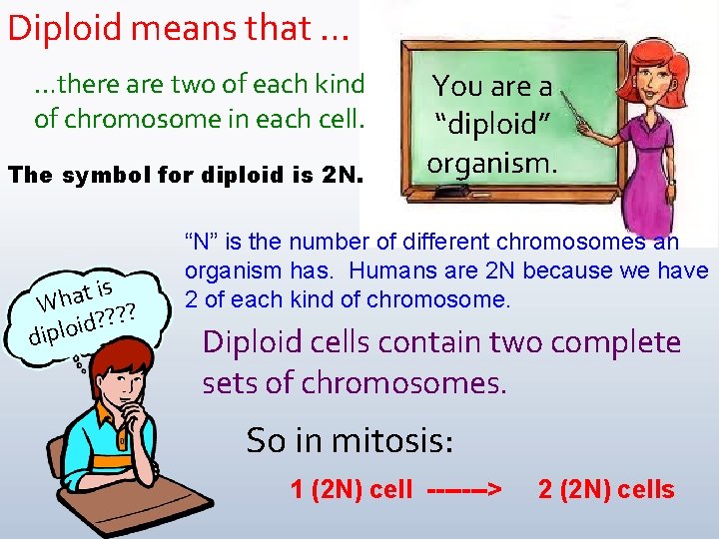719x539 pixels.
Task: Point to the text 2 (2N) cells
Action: (x=606, y=490)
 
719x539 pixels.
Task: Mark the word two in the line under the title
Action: (x=229, y=85)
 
